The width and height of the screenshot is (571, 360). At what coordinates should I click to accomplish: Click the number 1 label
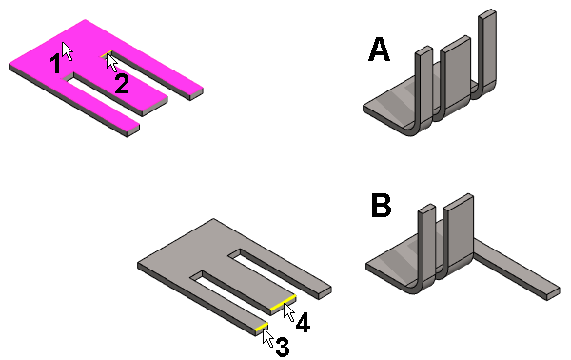[x=55, y=63]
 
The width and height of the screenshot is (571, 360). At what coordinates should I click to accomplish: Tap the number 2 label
[x=122, y=84]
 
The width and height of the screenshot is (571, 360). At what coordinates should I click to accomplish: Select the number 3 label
[x=283, y=347]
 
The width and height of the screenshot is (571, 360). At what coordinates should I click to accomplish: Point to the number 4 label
[x=303, y=323]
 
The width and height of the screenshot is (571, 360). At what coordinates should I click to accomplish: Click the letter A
[x=379, y=50]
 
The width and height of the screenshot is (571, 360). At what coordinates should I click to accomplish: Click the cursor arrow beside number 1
[x=67, y=51]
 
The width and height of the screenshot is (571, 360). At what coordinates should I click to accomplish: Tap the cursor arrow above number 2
[x=112, y=63]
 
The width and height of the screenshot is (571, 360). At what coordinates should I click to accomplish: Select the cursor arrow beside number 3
[x=268, y=338]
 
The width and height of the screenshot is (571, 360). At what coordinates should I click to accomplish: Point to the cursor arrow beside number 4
[x=288, y=311]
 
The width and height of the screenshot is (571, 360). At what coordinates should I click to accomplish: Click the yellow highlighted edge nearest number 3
[x=262, y=328]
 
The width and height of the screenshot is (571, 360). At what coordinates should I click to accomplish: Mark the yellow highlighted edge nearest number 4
[x=283, y=304]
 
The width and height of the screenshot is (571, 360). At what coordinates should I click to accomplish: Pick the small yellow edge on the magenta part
[x=106, y=54]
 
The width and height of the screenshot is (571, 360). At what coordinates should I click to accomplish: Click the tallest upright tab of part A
[x=486, y=52]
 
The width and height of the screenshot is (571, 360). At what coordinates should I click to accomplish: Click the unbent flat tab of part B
[x=517, y=270]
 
